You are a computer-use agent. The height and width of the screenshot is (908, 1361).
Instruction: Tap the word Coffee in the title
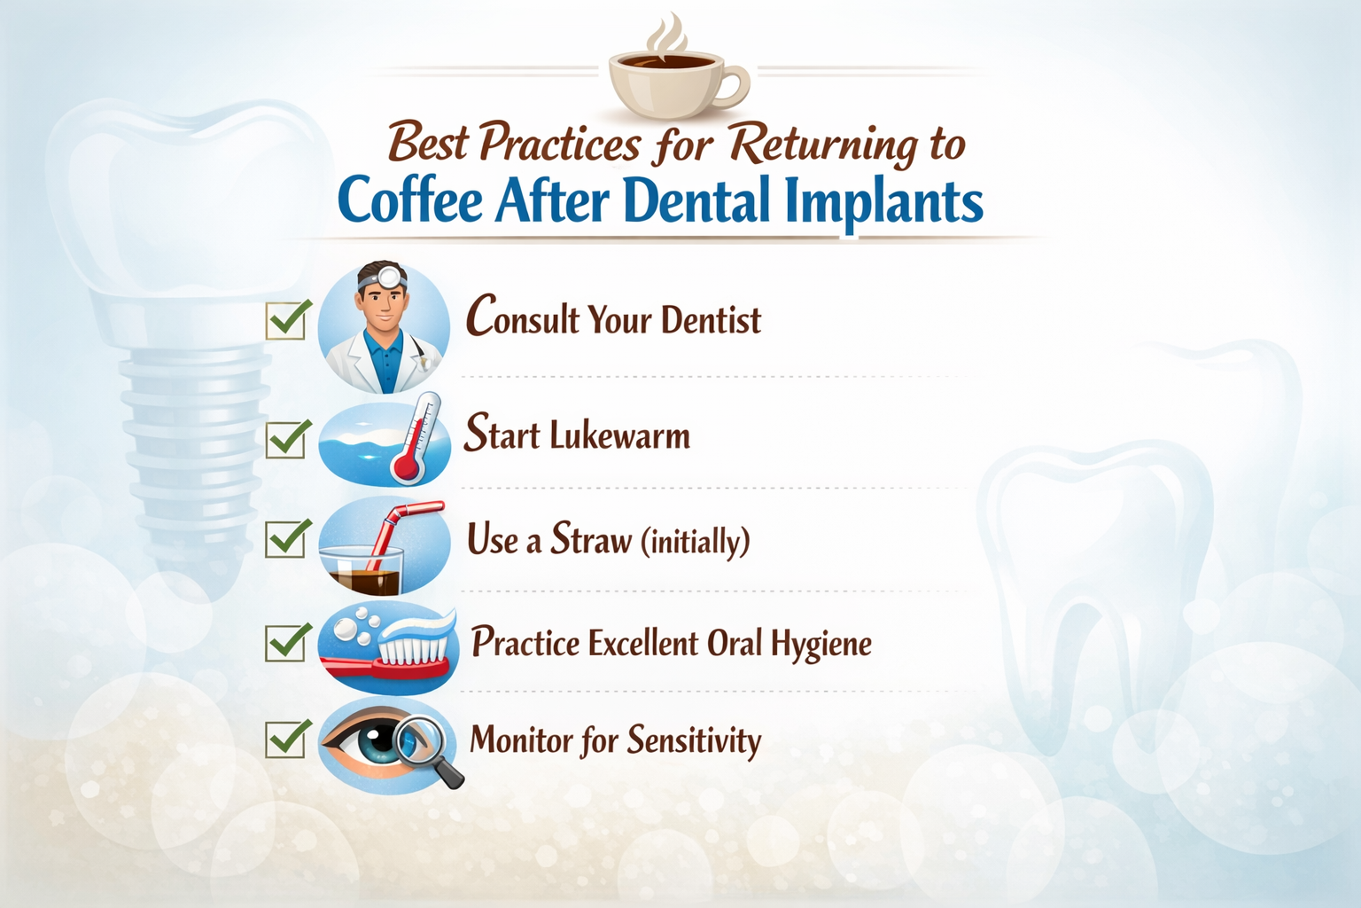click(x=410, y=200)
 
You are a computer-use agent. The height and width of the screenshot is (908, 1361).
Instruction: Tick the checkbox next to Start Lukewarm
click(x=286, y=439)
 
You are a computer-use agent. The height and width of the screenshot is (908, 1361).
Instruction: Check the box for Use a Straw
click(x=286, y=538)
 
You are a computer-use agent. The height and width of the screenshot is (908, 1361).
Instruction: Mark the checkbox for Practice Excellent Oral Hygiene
click(x=286, y=643)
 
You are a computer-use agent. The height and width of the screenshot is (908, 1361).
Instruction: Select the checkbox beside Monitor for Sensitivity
click(x=286, y=740)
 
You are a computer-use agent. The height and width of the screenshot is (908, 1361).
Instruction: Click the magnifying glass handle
click(x=448, y=774)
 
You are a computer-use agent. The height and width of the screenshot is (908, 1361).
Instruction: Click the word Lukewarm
click(x=619, y=436)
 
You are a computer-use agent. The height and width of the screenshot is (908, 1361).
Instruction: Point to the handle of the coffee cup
click(x=735, y=86)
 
